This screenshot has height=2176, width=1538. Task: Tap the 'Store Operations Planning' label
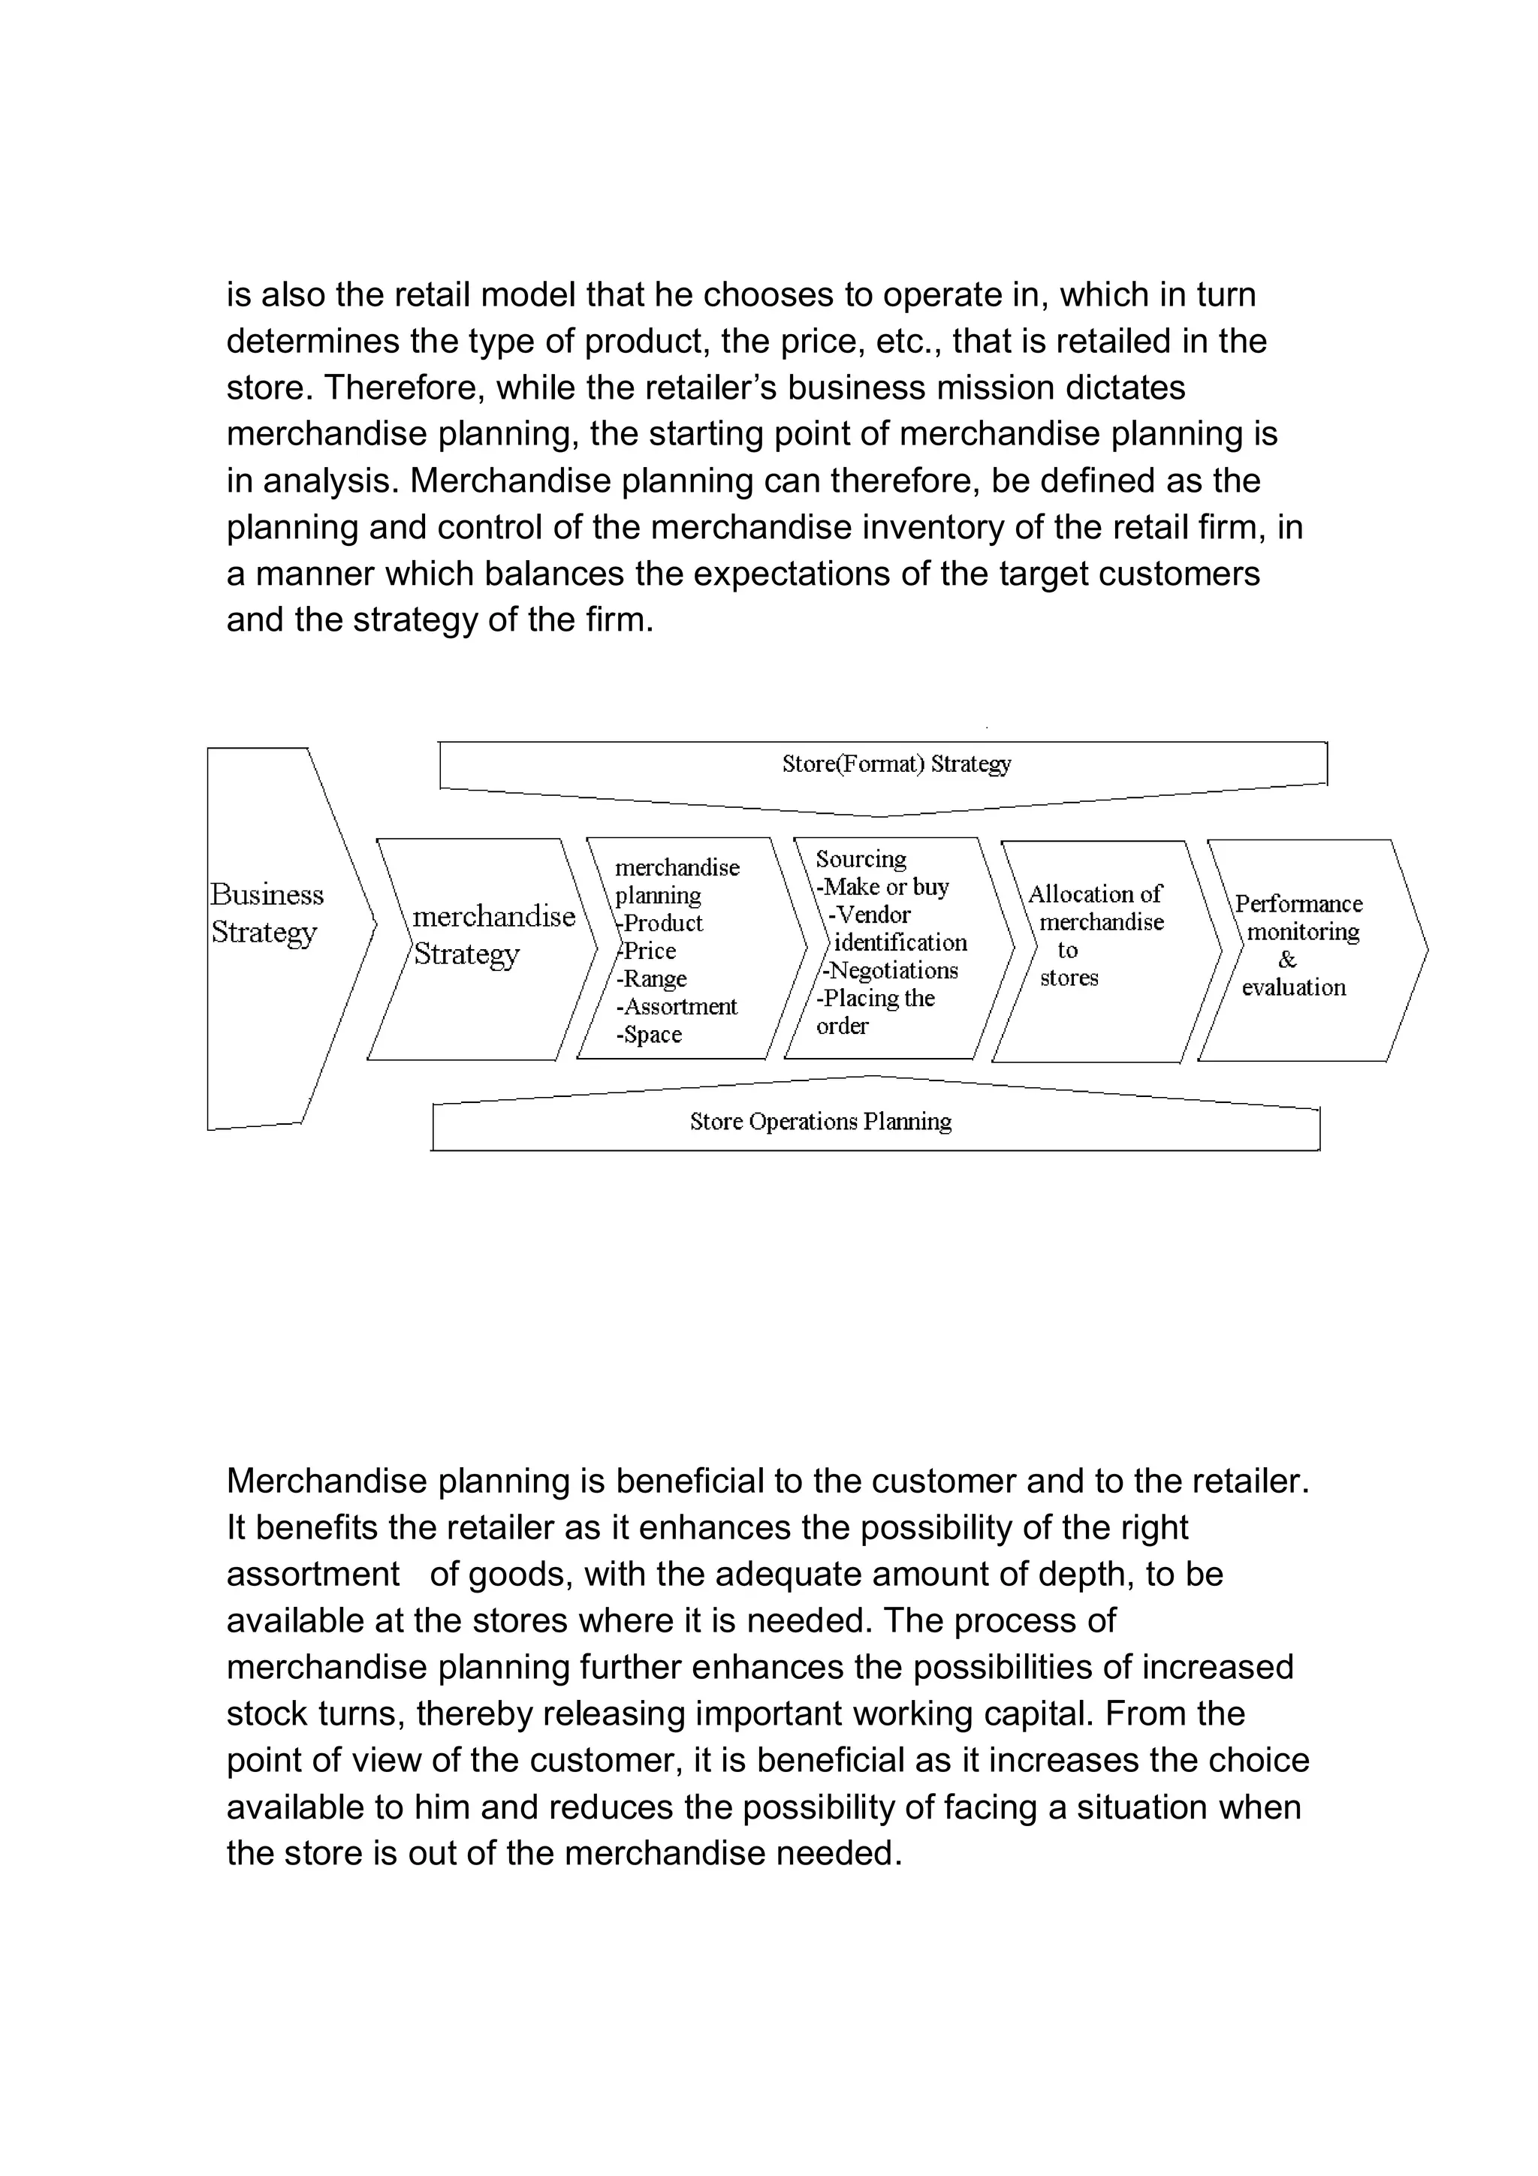click(820, 1121)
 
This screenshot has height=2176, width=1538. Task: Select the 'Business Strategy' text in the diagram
click(267, 912)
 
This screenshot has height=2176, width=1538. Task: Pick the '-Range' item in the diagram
click(652, 978)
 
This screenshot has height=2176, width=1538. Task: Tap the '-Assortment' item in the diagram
click(677, 1006)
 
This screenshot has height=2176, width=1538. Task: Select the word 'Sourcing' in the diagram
click(861, 860)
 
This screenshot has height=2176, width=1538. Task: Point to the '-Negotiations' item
click(890, 970)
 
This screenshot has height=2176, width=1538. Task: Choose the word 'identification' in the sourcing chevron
click(900, 943)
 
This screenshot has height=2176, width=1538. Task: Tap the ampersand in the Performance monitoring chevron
click(1287, 960)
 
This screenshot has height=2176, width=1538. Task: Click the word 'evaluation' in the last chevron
click(1293, 987)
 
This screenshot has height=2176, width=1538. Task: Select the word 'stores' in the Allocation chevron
click(1069, 978)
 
